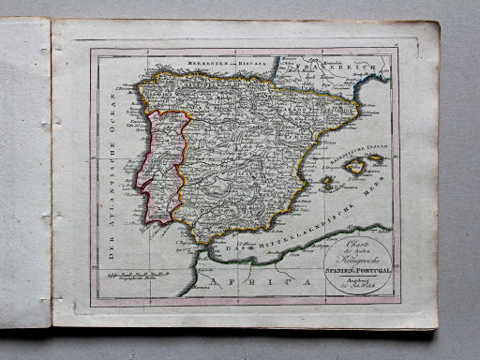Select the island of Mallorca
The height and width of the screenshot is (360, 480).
click(x=354, y=168)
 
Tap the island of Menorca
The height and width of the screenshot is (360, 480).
click(x=376, y=157)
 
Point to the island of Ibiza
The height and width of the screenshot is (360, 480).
click(x=327, y=183)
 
